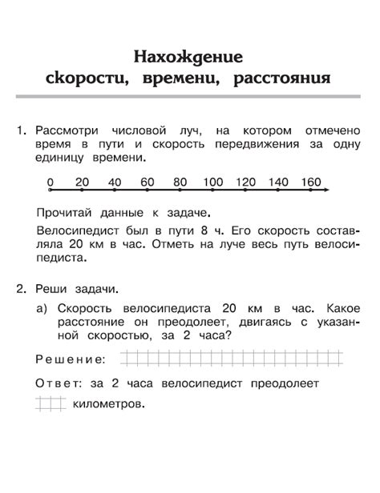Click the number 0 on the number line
[x=50, y=182]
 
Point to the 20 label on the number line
[x=82, y=182]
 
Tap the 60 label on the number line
[x=147, y=182]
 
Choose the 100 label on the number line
[x=213, y=182]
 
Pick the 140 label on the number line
[x=279, y=182]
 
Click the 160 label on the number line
[x=310, y=182]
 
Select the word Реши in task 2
[x=53, y=287]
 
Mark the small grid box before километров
[x=50, y=404]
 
